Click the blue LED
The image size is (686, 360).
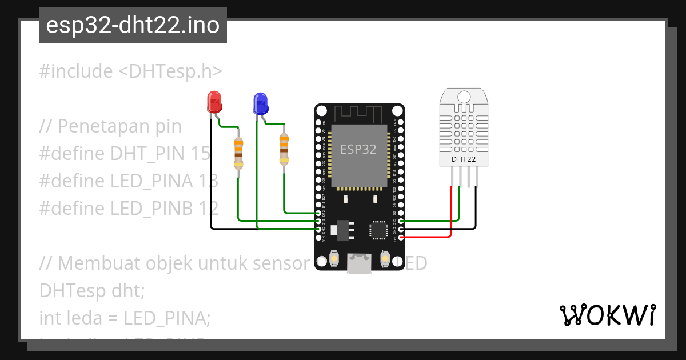[260, 103]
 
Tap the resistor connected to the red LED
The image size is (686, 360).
[238, 154]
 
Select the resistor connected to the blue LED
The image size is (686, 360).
[284, 149]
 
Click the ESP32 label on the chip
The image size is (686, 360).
[358, 149]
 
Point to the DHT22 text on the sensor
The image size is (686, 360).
[464, 159]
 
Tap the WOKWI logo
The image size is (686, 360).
[607, 315]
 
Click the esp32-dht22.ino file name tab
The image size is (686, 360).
[133, 25]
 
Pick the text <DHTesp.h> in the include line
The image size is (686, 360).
[170, 71]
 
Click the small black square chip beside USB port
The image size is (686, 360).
[378, 229]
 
